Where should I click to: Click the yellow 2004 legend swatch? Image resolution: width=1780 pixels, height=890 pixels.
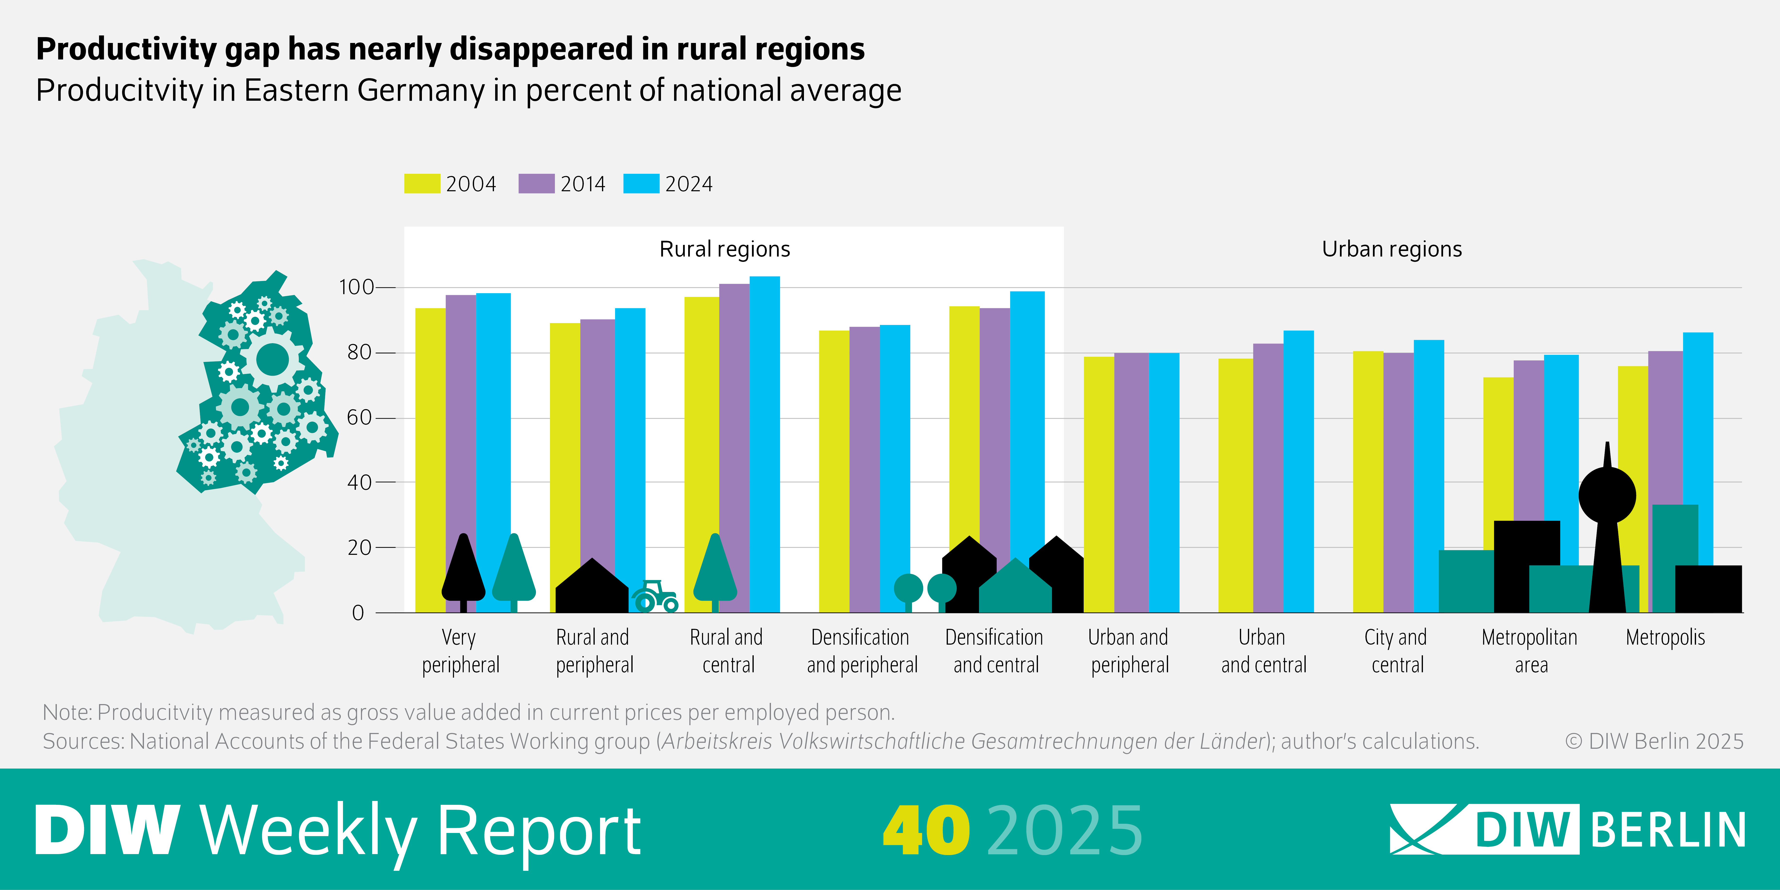(421, 184)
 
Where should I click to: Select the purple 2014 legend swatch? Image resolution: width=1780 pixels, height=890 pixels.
(536, 184)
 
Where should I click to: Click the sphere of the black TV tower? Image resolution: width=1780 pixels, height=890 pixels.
(1607, 495)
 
